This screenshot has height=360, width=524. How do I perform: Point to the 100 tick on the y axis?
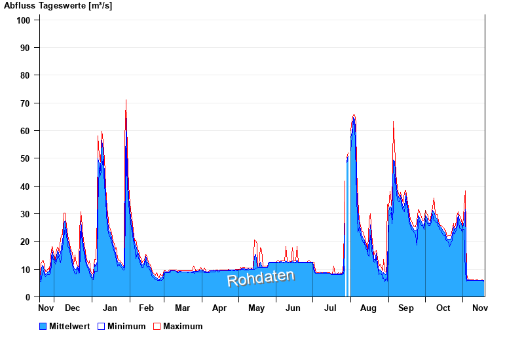tap(24, 20)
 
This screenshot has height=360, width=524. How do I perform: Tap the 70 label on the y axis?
tap(26, 103)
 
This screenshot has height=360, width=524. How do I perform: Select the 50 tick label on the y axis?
tap(26, 158)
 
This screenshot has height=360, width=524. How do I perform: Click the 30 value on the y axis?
tap(26, 214)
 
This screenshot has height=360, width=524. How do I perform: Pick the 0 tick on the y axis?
tap(28, 297)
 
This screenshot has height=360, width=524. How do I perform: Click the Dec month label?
tap(72, 308)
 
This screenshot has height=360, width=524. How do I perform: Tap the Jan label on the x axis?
tap(110, 308)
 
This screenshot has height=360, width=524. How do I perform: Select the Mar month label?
tap(182, 308)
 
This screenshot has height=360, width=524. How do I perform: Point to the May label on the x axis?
tap(257, 308)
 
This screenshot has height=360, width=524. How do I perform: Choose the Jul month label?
tap(331, 308)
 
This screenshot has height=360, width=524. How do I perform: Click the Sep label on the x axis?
tap(406, 308)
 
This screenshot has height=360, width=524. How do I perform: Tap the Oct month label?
tap(443, 308)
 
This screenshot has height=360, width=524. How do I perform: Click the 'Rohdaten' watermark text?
tap(261, 278)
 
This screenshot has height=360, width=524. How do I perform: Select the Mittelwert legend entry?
tap(64, 327)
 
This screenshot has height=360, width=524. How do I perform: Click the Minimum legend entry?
tap(121, 327)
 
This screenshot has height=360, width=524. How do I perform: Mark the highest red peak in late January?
tap(126, 101)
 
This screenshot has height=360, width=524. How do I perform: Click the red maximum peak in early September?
tap(393, 122)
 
